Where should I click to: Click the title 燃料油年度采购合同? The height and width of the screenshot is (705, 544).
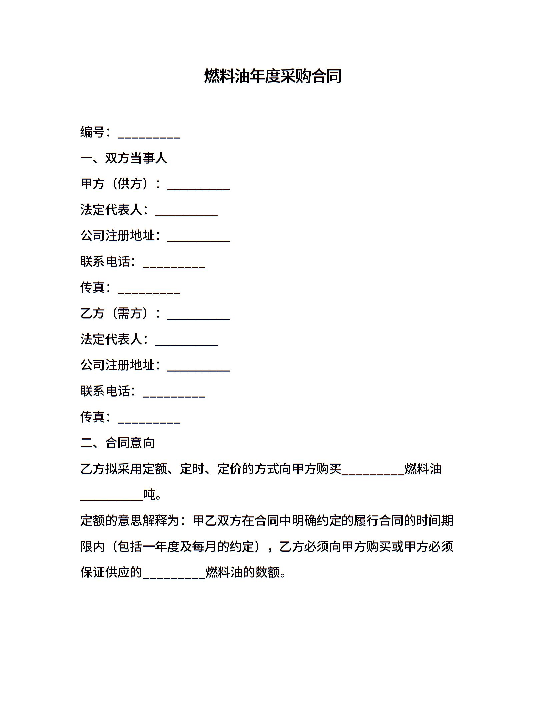(x=272, y=76)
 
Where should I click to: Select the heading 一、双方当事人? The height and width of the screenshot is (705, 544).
(x=124, y=158)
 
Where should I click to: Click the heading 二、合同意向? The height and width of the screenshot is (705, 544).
(x=117, y=443)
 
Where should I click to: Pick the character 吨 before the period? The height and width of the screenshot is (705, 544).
(x=149, y=495)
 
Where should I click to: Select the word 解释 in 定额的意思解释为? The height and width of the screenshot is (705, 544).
(x=155, y=521)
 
